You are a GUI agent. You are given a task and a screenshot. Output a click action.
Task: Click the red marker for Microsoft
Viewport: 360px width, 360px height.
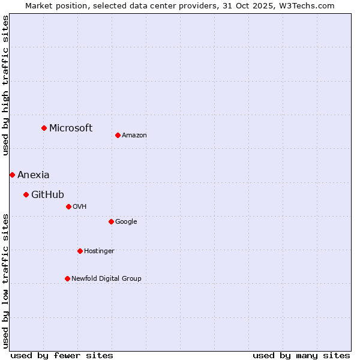tap(44, 128)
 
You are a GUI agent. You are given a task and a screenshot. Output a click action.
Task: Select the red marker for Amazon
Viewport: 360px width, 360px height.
tap(118, 135)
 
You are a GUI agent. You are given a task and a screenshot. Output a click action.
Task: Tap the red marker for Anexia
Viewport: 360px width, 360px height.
tap(12, 175)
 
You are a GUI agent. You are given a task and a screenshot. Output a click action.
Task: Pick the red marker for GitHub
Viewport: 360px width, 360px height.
tap(26, 194)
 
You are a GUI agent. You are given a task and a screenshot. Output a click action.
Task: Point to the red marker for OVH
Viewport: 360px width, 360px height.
tap(68, 206)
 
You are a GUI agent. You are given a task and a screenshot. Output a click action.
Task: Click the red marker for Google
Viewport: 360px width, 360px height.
tap(111, 221)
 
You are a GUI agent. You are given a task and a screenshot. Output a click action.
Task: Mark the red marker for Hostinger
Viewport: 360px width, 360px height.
tap(80, 251)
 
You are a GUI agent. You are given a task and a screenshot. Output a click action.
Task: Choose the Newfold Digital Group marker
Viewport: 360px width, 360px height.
tap(67, 278)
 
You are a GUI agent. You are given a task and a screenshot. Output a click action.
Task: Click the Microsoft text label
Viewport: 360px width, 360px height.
tap(71, 128)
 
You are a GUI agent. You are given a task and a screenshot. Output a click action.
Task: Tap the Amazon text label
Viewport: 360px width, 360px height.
tap(134, 135)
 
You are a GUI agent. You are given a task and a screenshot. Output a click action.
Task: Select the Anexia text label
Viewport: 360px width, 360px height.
tap(34, 175)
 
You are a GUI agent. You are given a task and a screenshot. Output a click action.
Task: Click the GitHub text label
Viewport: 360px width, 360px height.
tap(47, 194)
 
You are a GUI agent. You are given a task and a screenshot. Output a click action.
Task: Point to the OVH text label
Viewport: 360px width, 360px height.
tap(80, 206)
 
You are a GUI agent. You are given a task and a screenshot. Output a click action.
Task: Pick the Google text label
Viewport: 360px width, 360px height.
tap(126, 221)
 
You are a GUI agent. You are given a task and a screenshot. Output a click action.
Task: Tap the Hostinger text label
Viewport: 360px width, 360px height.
tap(99, 251)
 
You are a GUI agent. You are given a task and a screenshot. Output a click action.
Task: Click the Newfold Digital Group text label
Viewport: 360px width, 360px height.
tap(106, 278)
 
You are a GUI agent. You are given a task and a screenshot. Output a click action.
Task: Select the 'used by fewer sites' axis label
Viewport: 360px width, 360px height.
tap(62, 355)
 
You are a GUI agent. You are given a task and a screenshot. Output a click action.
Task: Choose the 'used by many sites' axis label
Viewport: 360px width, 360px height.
tap(301, 355)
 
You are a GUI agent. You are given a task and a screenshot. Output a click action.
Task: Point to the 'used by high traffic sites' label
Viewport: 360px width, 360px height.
tap(5, 85)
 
